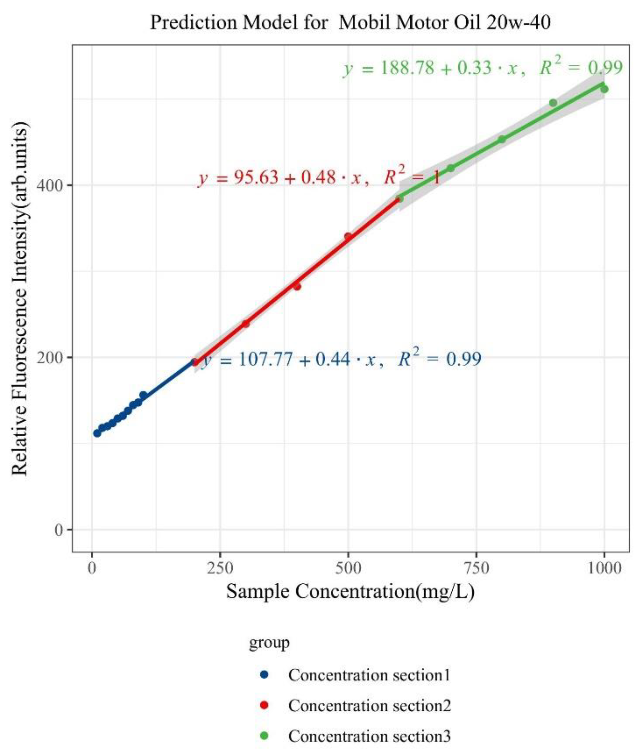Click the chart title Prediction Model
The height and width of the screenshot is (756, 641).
point(350,23)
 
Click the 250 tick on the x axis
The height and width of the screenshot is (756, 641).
point(220,567)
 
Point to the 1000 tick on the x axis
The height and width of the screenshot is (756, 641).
point(604,567)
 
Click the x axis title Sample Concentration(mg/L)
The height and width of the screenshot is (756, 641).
point(350,592)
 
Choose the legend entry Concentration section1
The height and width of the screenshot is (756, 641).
point(369,675)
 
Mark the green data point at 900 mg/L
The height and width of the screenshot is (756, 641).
point(553,103)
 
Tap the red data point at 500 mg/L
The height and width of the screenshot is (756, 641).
point(348,236)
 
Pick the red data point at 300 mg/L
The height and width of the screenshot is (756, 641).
point(246,324)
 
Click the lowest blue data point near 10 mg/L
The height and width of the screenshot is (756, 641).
point(97,433)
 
